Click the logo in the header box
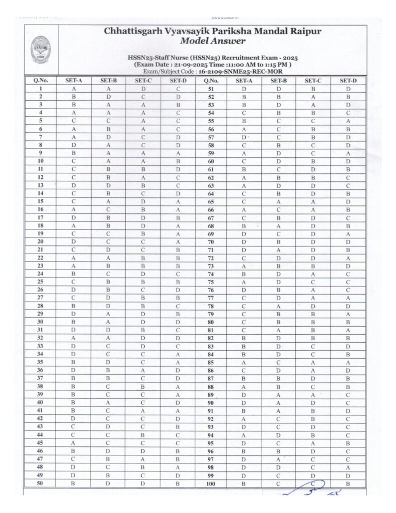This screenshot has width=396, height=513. point(41,50)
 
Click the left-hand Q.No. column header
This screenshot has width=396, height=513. point(40,80)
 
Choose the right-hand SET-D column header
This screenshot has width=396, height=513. point(347,80)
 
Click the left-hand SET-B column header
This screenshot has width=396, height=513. point(109,80)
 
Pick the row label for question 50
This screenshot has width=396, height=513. point(40,483)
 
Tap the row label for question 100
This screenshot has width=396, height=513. point(211,483)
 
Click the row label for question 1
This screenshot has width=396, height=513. point(40,88)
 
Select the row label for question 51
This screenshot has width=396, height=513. point(211,88)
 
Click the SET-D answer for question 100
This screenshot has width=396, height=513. point(347,483)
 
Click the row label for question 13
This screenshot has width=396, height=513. point(40,185)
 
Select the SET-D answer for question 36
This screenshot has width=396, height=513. point(178,370)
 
